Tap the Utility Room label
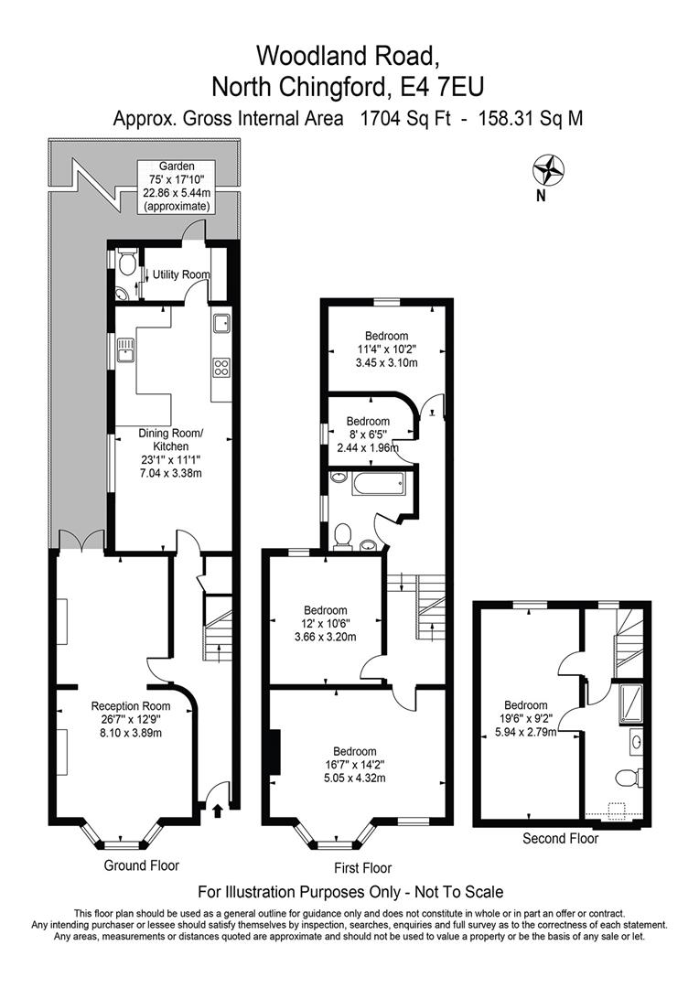pyautogui.click(x=181, y=274)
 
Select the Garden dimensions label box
pyautogui.click(x=177, y=187)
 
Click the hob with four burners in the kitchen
pyautogui.click(x=221, y=367)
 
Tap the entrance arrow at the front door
pyautogui.click(x=218, y=811)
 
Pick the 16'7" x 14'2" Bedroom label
pyautogui.click(x=355, y=765)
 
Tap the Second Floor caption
pyautogui.click(x=560, y=839)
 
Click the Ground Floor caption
pyautogui.click(x=141, y=865)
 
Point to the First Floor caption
pyautogui.click(x=363, y=868)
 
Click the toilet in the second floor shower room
pyautogui.click(x=627, y=778)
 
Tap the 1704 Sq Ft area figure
pyautogui.click(x=404, y=118)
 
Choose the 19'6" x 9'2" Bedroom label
pyautogui.click(x=526, y=719)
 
